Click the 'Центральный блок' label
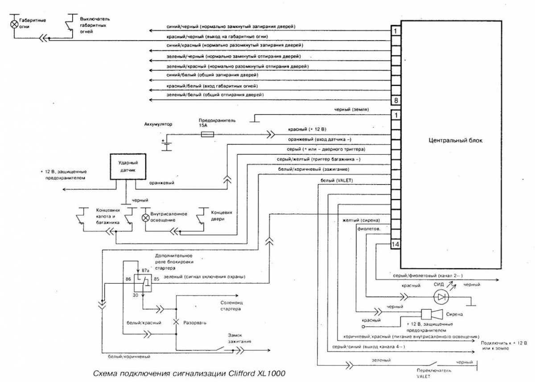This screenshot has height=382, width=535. (x=454, y=140)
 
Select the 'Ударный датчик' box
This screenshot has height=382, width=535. (x=126, y=166)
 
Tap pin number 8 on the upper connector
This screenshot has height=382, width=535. (x=395, y=100)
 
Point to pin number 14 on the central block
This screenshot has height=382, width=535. (x=395, y=244)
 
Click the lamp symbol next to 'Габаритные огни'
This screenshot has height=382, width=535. (x=14, y=23)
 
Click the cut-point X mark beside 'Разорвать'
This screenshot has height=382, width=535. (x=176, y=321)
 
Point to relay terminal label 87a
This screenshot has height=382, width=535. (x=145, y=270)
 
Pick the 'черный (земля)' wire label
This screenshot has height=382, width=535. (x=352, y=109)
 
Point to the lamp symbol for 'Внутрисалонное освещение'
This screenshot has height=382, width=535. (x=146, y=218)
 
